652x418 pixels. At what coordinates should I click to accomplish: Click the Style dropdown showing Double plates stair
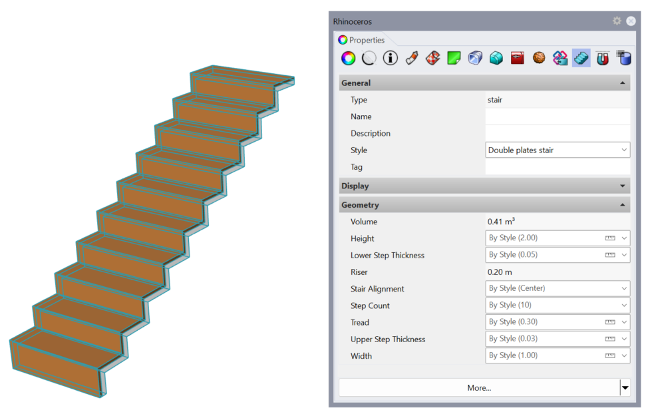558,150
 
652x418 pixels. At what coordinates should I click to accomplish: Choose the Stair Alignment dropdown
558,289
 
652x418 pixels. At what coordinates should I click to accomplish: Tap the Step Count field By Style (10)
558,306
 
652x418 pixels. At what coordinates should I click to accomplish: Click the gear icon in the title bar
617,21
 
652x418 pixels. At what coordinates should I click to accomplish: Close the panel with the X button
631,21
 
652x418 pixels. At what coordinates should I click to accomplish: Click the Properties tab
361,40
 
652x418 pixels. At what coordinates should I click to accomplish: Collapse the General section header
484,83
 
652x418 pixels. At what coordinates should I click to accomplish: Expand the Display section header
484,186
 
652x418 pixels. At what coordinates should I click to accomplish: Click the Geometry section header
484,205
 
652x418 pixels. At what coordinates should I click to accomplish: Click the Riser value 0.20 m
501,272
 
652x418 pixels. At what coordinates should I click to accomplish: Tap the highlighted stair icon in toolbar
581,59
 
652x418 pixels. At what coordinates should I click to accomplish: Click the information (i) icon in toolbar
391,59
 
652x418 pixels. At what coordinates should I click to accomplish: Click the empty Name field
557,116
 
